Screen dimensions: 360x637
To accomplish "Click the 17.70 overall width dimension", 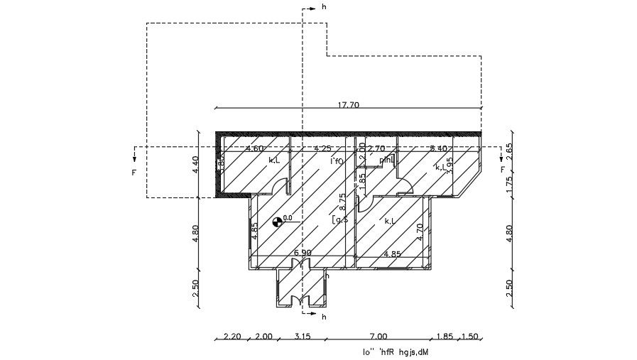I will tap(349, 104).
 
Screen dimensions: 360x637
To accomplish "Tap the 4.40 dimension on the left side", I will tap(196, 165).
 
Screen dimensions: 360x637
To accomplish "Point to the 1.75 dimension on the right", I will tap(510, 183).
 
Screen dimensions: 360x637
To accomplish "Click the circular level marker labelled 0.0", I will tap(277, 222).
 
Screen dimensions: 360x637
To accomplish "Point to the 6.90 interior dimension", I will tap(303, 252).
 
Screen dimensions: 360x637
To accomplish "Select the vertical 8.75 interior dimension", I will tap(342, 203).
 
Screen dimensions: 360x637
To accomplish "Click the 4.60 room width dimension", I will tap(255, 148).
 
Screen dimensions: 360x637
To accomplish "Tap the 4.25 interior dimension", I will tap(323, 148).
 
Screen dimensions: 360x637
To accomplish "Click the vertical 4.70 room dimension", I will tap(420, 232).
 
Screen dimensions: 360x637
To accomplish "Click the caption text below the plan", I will tap(399, 351).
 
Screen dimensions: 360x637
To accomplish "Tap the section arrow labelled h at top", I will tap(315, 8).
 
